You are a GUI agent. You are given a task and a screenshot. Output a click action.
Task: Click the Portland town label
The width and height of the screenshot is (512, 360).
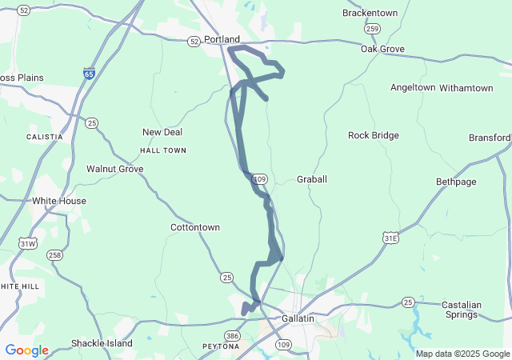pyautogui.click(x=222, y=39)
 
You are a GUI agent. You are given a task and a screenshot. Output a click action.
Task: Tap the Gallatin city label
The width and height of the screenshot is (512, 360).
pyautogui.click(x=298, y=318)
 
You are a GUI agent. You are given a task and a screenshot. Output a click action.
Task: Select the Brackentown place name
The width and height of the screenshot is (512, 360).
pyautogui.click(x=370, y=14)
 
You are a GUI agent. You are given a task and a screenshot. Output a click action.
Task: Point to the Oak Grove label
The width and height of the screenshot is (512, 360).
pyautogui.click(x=382, y=49)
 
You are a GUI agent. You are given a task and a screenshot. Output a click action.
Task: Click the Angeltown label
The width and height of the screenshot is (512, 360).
pyautogui.click(x=413, y=87)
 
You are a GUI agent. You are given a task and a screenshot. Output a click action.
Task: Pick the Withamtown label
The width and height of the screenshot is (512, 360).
pyautogui.click(x=466, y=87)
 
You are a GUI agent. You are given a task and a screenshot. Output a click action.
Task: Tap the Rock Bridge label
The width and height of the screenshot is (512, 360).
pyautogui.click(x=373, y=135)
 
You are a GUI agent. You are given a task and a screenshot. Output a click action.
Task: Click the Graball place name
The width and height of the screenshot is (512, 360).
pyautogui.click(x=312, y=179)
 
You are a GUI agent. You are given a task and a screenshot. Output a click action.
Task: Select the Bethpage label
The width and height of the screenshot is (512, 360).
pyautogui.click(x=456, y=182)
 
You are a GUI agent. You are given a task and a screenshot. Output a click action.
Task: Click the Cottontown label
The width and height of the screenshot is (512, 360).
pyautogui.click(x=195, y=227)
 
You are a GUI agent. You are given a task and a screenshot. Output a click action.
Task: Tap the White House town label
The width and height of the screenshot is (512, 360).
pyautogui.click(x=58, y=201)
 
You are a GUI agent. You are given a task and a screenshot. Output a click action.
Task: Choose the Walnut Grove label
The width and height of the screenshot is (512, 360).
pyautogui.click(x=114, y=169)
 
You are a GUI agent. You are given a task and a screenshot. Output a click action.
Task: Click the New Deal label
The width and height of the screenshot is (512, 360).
pyautogui.click(x=162, y=132)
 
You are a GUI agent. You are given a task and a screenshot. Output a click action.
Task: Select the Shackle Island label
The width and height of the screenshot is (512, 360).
pyautogui.click(x=102, y=343)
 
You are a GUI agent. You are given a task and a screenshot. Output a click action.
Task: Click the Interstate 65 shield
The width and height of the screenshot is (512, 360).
pyautogui.click(x=89, y=73)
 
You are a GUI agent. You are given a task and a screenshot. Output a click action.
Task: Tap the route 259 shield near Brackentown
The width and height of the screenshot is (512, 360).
pyautogui.click(x=372, y=29)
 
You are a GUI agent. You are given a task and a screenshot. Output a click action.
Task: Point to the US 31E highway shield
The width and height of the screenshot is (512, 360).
pyautogui.click(x=390, y=238)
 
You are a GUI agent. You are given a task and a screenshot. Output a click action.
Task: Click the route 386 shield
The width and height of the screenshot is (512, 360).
pyautogui.click(x=232, y=336)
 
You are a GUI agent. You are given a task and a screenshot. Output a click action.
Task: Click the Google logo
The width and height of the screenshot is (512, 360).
pyautogui.click(x=26, y=350)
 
